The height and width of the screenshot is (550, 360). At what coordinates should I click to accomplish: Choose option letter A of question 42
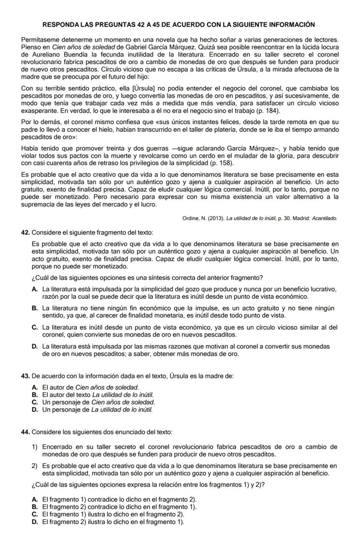pyautogui.click(x=34, y=289)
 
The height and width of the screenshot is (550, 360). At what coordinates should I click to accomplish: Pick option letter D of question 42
pyautogui.click(x=34, y=346)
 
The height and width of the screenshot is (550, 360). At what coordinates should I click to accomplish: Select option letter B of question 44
pyautogui.click(x=34, y=507)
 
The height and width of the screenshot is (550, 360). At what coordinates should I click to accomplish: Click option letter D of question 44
pyautogui.click(x=34, y=522)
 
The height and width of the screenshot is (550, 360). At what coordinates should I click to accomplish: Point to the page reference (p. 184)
pyautogui.click(x=267, y=112)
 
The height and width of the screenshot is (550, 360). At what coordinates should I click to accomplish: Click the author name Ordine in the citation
pyautogui.click(x=191, y=218)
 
